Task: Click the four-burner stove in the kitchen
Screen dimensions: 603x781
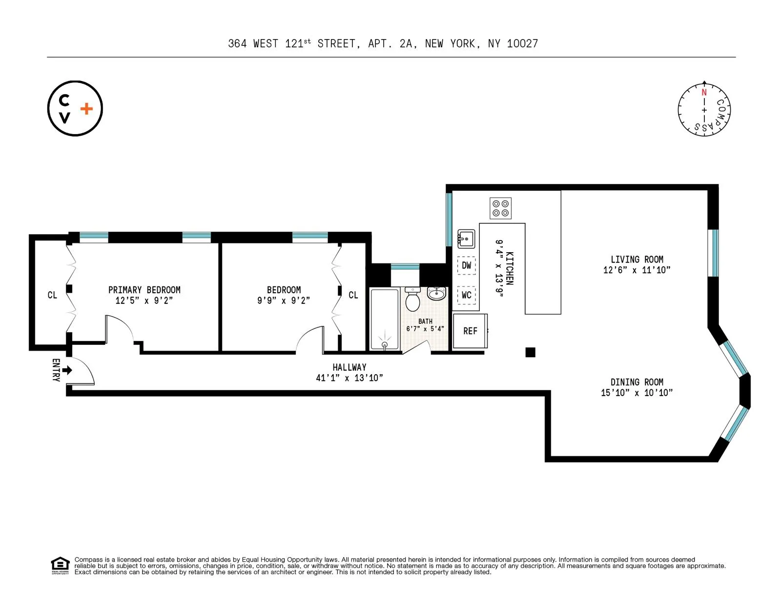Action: (x=500, y=208)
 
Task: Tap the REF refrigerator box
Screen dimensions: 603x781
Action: (x=470, y=331)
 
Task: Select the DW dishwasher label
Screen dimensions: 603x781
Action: (x=467, y=265)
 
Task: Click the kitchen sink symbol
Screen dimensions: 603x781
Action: (x=466, y=239)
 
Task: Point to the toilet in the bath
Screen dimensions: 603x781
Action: (x=413, y=300)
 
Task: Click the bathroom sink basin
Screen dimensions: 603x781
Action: (x=436, y=294)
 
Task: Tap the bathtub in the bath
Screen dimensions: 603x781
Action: (x=385, y=320)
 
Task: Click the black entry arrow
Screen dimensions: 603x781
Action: (x=67, y=370)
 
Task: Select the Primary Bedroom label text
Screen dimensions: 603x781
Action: (x=144, y=290)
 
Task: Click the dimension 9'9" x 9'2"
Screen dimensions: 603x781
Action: (x=284, y=301)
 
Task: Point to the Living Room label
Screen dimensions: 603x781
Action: (x=637, y=260)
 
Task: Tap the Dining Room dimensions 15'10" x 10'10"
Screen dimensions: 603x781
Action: (x=637, y=393)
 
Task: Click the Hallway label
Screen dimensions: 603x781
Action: (x=349, y=367)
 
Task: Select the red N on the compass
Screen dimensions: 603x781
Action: (x=704, y=92)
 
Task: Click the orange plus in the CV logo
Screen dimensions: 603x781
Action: (x=86, y=108)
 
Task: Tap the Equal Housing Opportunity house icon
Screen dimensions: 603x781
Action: (x=61, y=564)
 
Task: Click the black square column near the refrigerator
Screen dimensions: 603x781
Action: (x=531, y=352)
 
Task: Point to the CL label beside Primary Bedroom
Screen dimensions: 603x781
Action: (x=52, y=295)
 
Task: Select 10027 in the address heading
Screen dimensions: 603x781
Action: (x=522, y=43)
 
